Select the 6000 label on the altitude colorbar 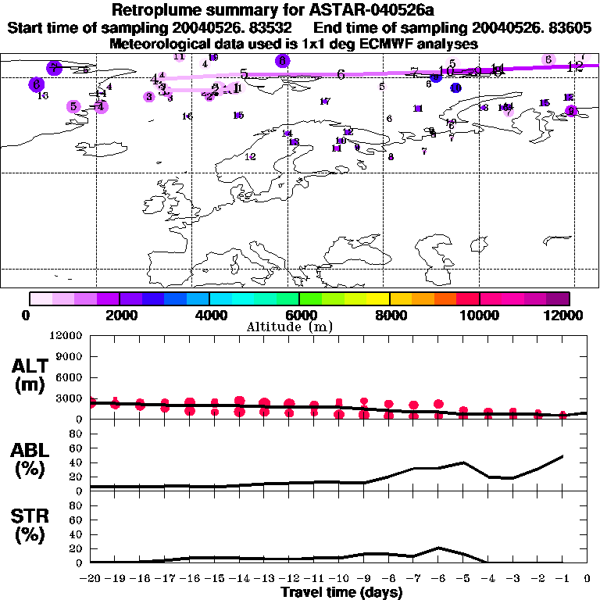pos(298,315)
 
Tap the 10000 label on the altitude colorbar pos(479,315)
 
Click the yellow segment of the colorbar pos(377,298)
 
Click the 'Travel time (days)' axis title pos(341,593)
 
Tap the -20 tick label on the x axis pos(91,579)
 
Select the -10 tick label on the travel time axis pos(339,579)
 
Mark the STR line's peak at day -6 pos(439,548)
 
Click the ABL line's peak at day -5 pos(463,462)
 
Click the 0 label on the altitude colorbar pos(27,315)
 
